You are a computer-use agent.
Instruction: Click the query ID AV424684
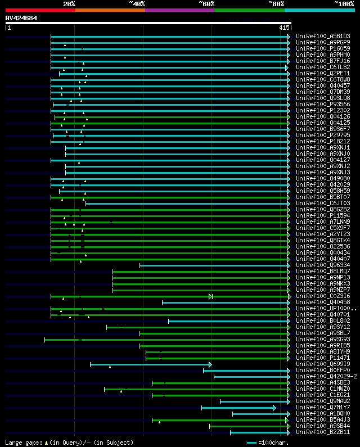(21, 19)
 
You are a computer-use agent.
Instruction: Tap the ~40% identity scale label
(137, 4)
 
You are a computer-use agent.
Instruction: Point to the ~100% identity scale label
(344, 4)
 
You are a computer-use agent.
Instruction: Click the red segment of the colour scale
(40, 10)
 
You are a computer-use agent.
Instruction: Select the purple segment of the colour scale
(179, 10)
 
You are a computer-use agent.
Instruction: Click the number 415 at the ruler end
(283, 28)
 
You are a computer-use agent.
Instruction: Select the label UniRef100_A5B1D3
(322, 37)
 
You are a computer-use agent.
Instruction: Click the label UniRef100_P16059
(322, 49)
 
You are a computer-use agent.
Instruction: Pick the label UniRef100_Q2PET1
(322, 74)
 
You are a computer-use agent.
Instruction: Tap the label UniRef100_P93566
(322, 105)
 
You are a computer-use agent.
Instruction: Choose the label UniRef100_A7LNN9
(322, 222)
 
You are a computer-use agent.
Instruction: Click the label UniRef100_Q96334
(322, 265)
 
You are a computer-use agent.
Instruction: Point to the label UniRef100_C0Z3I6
(322, 296)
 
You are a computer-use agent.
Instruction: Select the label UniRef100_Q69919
(322, 364)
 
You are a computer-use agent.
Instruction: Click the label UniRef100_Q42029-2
(326, 377)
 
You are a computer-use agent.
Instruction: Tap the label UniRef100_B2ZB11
(322, 432)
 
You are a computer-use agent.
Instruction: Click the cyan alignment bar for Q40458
(225, 302)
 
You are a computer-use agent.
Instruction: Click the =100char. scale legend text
(274, 443)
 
